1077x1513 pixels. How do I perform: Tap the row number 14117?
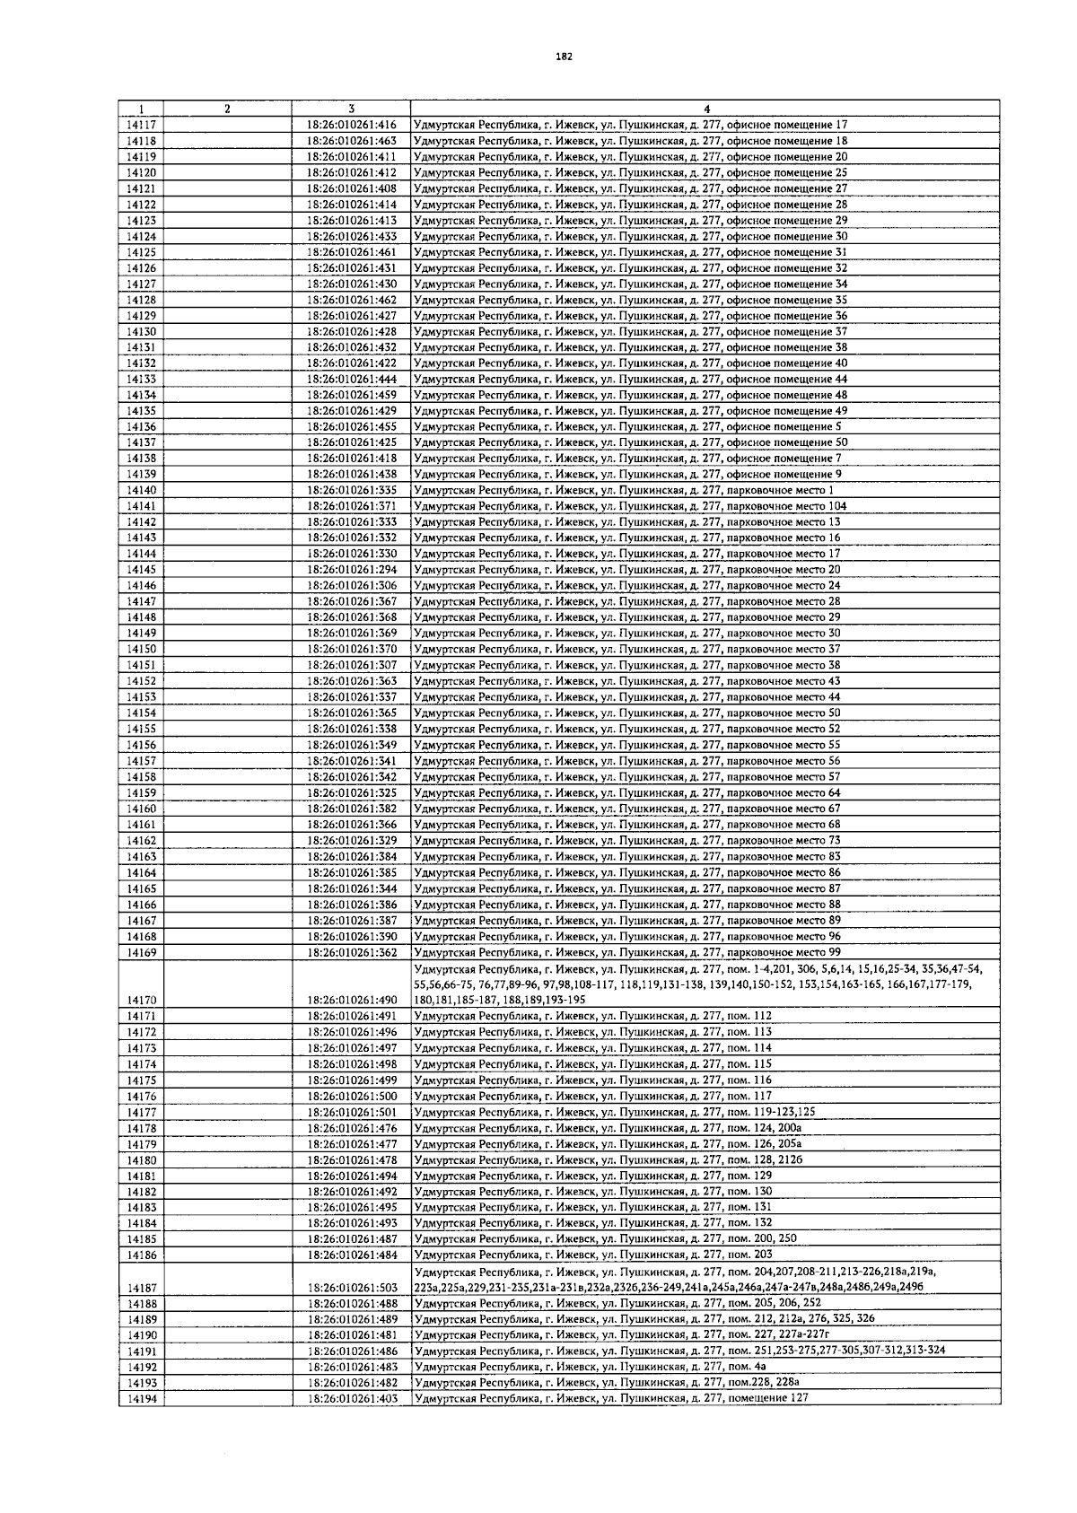(142, 126)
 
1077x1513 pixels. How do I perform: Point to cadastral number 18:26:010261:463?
(352, 141)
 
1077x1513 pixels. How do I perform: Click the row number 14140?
(142, 491)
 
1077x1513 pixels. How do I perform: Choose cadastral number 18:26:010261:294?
(352, 570)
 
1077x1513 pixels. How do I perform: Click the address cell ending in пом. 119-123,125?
(616, 1112)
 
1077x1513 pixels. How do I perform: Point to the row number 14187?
(142, 1288)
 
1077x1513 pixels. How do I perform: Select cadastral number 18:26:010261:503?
(352, 1288)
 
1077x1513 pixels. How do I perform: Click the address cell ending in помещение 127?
(612, 1398)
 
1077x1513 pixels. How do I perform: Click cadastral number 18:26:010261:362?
(352, 952)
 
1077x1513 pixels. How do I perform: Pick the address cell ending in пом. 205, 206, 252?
(618, 1303)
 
